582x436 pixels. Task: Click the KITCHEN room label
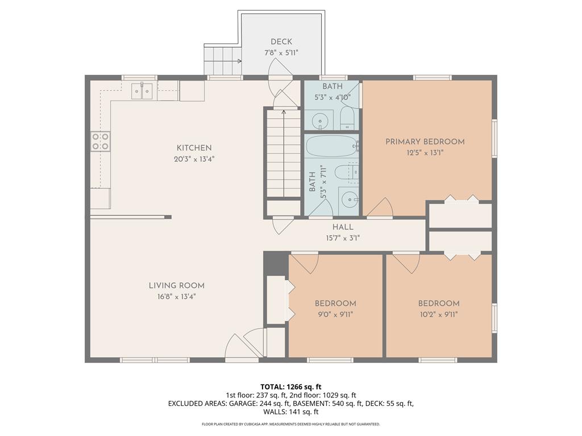[194, 148]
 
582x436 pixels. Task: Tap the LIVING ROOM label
[176, 286]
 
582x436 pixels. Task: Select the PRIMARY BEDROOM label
[425, 141]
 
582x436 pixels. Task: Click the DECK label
[281, 41]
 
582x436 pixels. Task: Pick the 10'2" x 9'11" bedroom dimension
[438, 314]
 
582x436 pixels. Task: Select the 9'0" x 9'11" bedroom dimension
[335, 314]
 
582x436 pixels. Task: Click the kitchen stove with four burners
[101, 141]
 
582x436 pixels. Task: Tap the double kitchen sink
[142, 90]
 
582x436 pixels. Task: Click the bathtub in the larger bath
[331, 146]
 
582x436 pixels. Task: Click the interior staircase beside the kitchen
[283, 153]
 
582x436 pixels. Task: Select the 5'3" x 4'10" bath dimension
[332, 97]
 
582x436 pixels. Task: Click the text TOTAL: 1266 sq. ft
[290, 386]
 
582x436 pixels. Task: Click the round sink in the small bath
[322, 121]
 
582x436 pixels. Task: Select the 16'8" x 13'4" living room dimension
[176, 296]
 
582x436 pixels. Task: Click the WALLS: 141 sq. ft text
[290, 412]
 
